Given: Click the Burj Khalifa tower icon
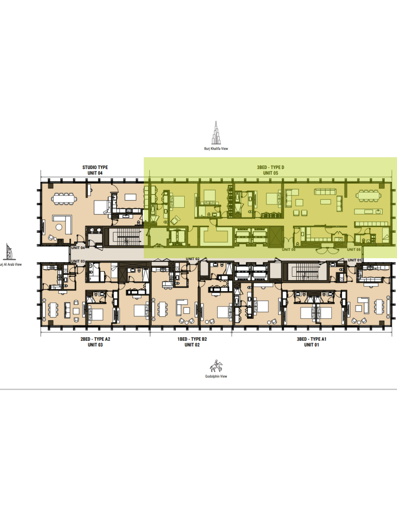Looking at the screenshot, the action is tap(216, 133).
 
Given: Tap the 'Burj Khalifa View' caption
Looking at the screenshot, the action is tap(216, 148).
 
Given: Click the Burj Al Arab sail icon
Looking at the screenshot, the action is tap(9, 252).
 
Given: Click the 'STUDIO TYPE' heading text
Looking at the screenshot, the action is tap(95, 167).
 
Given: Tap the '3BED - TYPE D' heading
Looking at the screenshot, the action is tap(270, 167).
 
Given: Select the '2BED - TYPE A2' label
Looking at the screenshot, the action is tap(95, 339).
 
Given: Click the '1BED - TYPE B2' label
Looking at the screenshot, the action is tap(192, 339).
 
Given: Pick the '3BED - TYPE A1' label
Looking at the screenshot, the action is tap(311, 339).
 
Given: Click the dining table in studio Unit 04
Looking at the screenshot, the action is tap(64, 199).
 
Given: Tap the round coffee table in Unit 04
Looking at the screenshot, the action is tap(58, 227).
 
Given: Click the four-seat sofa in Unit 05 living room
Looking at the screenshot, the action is tap(325, 191).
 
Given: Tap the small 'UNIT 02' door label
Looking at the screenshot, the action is tap(193, 259).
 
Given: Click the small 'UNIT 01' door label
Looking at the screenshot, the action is tap(354, 260).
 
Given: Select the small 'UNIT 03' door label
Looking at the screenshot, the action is tap(78, 261).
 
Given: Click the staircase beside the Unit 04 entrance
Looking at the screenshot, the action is tap(125, 236).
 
